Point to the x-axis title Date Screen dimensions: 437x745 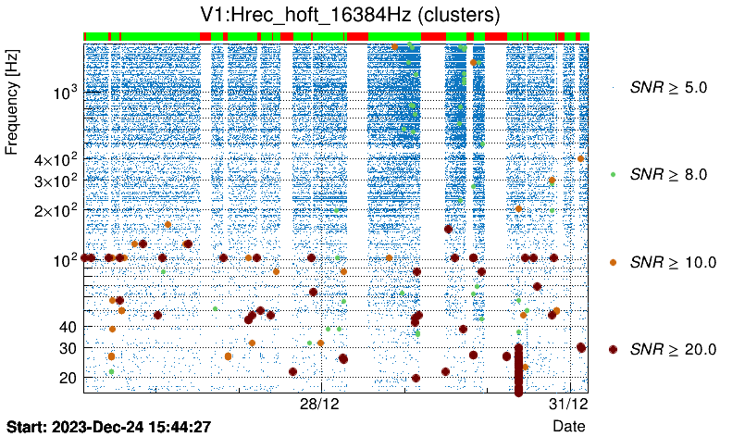(x=568, y=425)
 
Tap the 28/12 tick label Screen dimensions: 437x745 (x=321, y=405)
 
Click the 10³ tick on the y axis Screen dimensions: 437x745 (x=65, y=94)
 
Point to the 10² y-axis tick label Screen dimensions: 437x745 (x=65, y=259)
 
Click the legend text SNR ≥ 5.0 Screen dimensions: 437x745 (x=667, y=88)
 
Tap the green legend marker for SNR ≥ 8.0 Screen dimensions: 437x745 (x=613, y=174)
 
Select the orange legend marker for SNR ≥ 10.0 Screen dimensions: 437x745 (x=613, y=262)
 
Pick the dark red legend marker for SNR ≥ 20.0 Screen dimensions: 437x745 (x=613, y=349)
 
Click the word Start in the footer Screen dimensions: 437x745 (x=26, y=426)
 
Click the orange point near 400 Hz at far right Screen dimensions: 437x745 (x=580, y=158)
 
